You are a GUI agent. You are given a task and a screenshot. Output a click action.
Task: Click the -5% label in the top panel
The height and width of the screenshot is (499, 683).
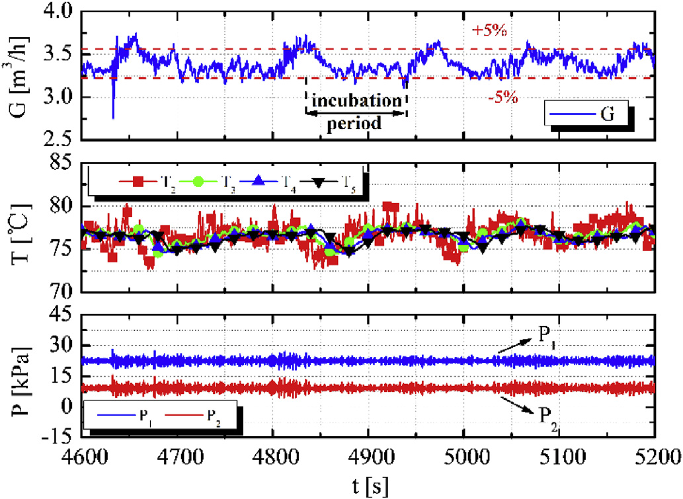coord(502,96)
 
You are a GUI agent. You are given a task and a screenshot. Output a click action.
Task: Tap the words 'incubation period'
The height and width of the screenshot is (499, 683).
coord(356,112)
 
